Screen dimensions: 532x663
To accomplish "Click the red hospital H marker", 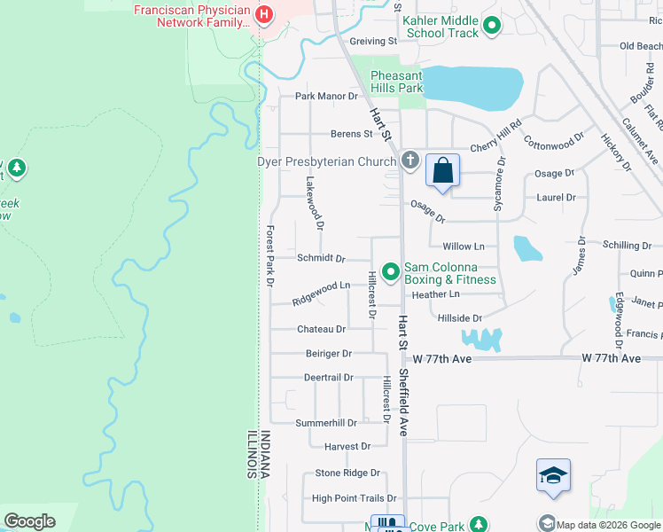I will pyautogui.click(x=263, y=14).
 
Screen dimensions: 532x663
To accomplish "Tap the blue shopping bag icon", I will pyautogui.click(x=442, y=169).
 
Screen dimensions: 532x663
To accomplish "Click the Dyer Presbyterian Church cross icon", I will pyautogui.click(x=409, y=160).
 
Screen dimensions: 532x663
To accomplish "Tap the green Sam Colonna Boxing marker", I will pyautogui.click(x=389, y=270).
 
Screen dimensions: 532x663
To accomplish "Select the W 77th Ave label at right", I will pyautogui.click(x=611, y=358).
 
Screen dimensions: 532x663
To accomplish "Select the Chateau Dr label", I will pyautogui.click(x=321, y=329).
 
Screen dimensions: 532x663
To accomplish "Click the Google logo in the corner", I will pyautogui.click(x=29, y=521).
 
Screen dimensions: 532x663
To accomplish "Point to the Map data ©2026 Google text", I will pyautogui.click(x=608, y=523).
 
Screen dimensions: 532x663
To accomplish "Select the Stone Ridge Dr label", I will pyautogui.click(x=347, y=473).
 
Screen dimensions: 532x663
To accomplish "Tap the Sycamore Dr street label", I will pyautogui.click(x=501, y=185).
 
